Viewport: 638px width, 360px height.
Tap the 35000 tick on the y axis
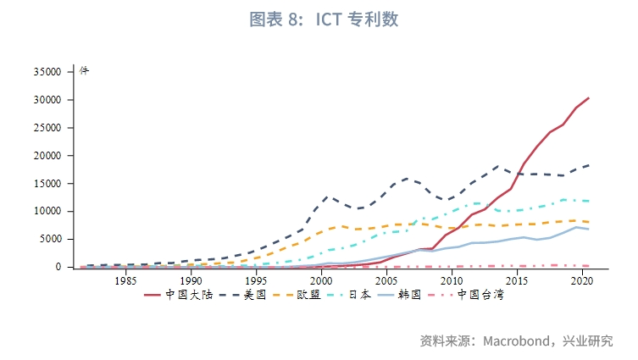click(47, 73)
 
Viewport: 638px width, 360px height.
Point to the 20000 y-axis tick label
click(47, 156)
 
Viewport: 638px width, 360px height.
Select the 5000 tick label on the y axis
click(51, 240)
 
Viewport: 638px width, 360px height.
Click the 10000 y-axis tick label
click(47, 212)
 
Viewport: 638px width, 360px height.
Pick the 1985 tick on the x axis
click(126, 280)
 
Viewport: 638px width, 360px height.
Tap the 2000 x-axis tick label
click(321, 280)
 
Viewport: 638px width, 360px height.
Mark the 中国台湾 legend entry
click(482, 295)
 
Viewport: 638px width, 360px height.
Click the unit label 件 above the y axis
click(84, 70)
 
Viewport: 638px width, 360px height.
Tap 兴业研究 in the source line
click(588, 341)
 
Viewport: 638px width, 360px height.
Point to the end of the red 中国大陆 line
click(588, 98)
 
